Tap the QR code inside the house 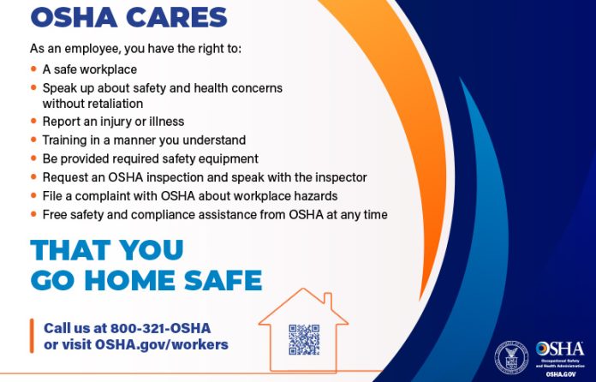[x=304, y=340]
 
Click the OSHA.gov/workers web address [x=163, y=344]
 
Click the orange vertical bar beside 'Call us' [x=32, y=336]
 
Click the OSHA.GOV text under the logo [x=561, y=373]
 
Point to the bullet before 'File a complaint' [x=33, y=196]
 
